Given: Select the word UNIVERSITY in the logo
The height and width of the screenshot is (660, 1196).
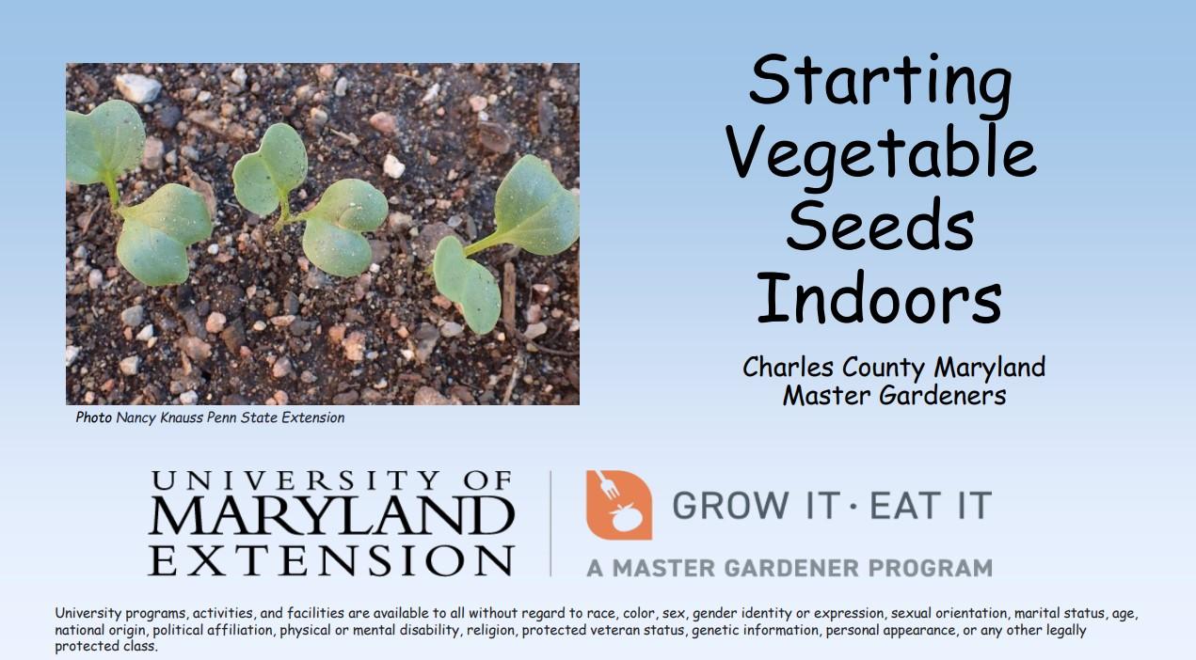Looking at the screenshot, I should (x=331, y=482).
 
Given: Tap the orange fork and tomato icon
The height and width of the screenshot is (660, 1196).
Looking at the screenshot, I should (x=618, y=505).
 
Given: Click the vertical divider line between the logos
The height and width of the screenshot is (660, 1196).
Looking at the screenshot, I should (x=551, y=523).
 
